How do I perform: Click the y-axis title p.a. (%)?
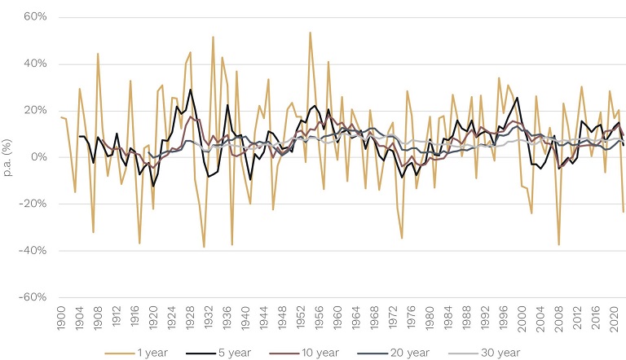coord(9,157)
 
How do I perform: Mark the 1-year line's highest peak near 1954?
coord(311,33)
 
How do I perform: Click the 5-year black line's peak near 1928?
coord(190,90)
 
